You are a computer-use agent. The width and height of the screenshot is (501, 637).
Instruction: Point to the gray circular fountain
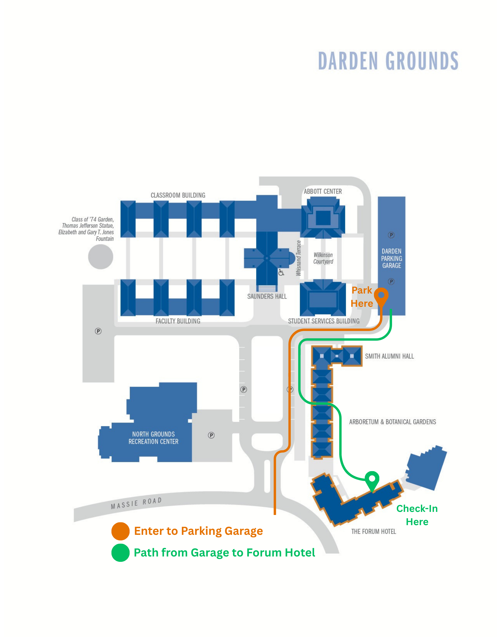(x=101, y=257)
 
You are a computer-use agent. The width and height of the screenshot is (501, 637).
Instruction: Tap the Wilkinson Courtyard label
(x=323, y=258)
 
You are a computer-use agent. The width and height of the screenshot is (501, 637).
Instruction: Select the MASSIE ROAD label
(x=136, y=503)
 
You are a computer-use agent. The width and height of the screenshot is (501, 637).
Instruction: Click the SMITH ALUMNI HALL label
(x=389, y=356)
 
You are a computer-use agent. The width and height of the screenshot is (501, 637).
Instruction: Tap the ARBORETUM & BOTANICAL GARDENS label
(x=392, y=422)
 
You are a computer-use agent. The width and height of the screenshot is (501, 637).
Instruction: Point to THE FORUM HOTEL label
(x=373, y=532)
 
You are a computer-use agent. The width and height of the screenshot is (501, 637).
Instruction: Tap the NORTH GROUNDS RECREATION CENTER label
(x=153, y=438)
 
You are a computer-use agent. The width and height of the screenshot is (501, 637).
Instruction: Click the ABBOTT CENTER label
(x=323, y=192)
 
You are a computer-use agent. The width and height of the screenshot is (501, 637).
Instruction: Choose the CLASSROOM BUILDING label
(x=178, y=195)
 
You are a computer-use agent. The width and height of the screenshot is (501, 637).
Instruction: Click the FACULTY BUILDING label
(x=178, y=321)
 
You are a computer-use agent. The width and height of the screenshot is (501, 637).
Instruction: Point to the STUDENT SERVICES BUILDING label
(x=323, y=321)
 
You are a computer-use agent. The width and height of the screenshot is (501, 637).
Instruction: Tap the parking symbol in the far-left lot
(x=98, y=331)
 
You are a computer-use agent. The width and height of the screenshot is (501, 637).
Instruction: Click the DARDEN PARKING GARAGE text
(x=391, y=258)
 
